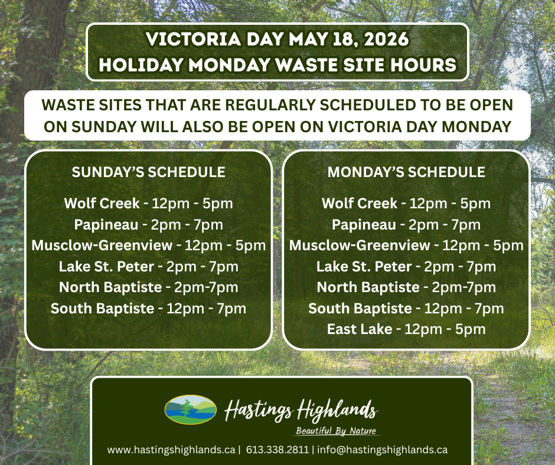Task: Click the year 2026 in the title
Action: [386, 39]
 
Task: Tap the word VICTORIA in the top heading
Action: [194, 39]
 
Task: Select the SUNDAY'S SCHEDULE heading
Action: [149, 172]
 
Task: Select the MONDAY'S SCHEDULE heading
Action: [406, 172]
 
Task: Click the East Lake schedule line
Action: [406, 329]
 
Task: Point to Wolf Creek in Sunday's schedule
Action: [102, 204]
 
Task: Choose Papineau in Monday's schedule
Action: [364, 225]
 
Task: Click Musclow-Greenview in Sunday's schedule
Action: [102, 245]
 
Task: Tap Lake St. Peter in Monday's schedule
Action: [364, 267]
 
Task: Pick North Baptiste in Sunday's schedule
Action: [110, 287]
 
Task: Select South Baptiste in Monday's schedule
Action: [360, 308]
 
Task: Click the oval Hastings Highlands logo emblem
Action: [191, 410]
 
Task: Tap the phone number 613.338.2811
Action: [277, 450]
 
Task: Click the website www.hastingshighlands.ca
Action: [171, 450]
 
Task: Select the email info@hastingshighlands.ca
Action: [382, 450]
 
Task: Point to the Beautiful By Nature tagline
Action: [336, 431]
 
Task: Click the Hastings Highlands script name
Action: [301, 411]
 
